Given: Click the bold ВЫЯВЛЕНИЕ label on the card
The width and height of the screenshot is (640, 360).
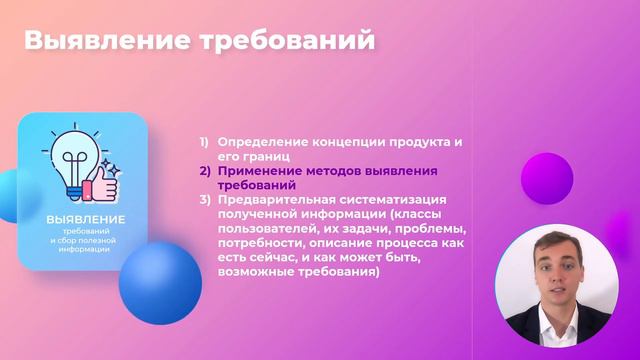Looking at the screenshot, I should (x=85, y=219).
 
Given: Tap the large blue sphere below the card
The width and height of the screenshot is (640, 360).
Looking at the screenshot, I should (x=160, y=283).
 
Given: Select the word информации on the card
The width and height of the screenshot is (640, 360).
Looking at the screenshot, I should (x=85, y=249).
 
